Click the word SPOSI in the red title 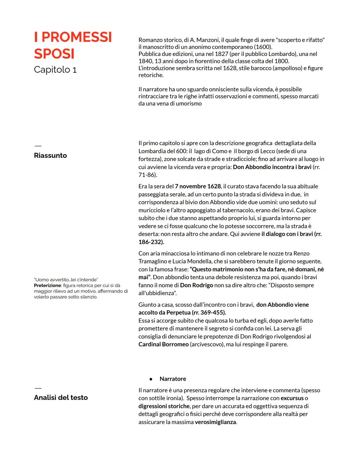[x=54, y=54]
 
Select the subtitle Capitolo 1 [x=55, y=70]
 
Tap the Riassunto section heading [x=50, y=155]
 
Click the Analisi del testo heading [x=61, y=398]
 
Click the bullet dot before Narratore [x=151, y=379]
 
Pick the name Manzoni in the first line [x=208, y=40]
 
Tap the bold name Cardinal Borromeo [x=163, y=345]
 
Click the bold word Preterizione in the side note [x=48, y=286]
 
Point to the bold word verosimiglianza [x=215, y=422]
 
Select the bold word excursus [x=292, y=398]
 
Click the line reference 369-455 [x=213, y=313]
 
